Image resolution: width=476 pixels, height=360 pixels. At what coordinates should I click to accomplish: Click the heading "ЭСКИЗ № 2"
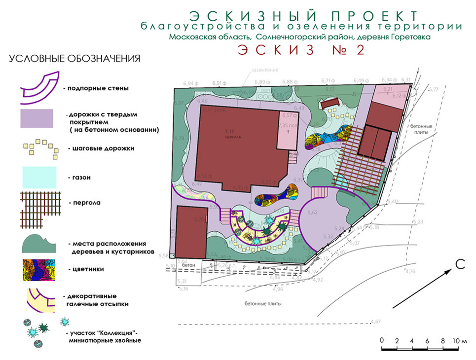[x=301, y=51]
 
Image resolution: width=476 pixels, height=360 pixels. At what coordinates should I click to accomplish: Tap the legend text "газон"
[x=82, y=177]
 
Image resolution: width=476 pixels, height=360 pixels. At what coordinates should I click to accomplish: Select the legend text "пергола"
[x=87, y=202]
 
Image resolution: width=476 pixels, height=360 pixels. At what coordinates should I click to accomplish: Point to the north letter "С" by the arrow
[x=460, y=264]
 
